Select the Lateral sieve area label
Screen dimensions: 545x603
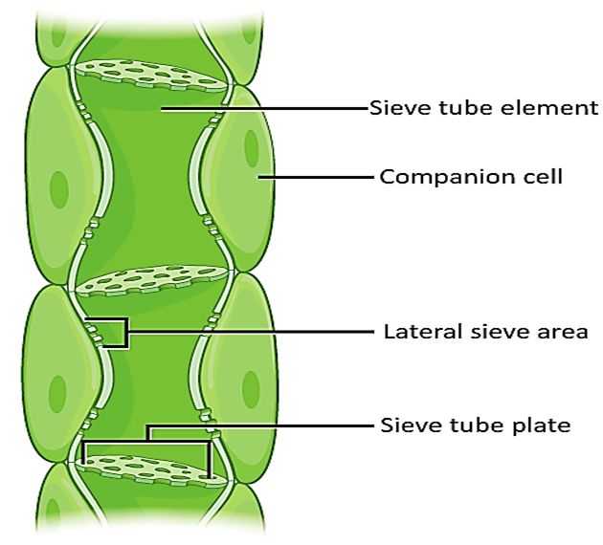[485, 332]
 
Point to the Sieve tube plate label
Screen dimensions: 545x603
[476, 425]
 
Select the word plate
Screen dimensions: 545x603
[542, 425]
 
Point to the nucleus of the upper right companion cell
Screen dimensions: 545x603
[251, 146]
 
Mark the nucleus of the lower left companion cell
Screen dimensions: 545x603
[58, 391]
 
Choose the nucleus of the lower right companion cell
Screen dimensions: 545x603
[251, 386]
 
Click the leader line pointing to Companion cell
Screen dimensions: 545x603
[316, 177]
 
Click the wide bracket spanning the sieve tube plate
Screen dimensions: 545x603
[147, 441]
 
